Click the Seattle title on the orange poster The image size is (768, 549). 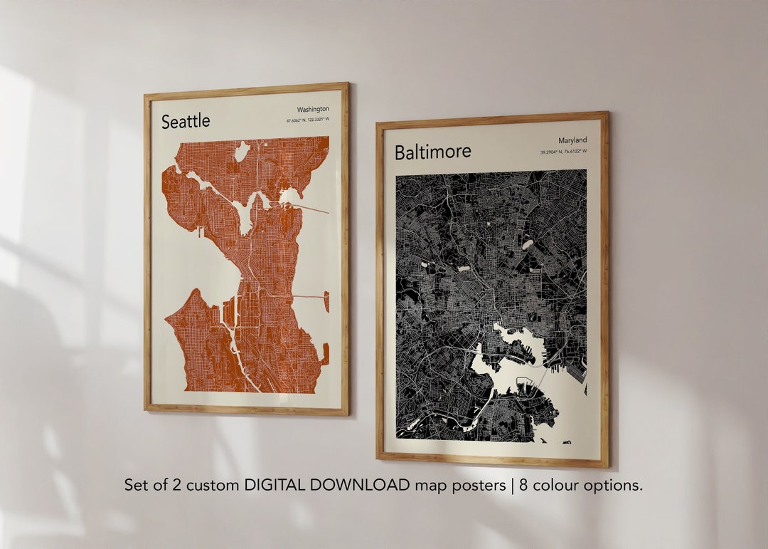tap(186, 122)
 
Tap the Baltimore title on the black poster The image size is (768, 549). tap(432, 152)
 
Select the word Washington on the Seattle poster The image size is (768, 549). tap(313, 109)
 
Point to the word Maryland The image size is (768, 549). tap(572, 140)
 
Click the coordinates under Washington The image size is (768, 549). tap(308, 120)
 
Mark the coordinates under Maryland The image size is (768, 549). tap(563, 152)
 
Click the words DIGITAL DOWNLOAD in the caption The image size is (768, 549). tap(327, 486)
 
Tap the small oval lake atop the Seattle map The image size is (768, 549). tap(242, 152)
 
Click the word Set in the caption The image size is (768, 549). tap(137, 486)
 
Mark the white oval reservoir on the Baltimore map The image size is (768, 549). tap(528, 244)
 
